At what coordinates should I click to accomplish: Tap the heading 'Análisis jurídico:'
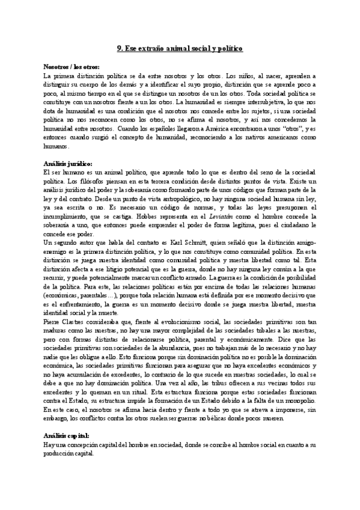(x=68, y=163)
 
